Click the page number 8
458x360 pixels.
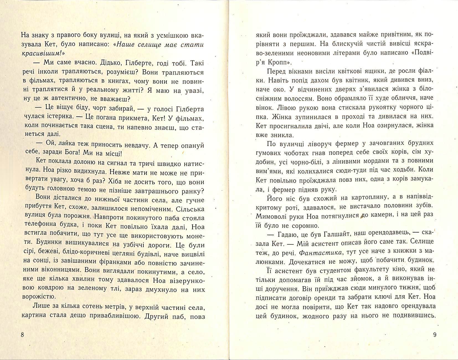[x=22, y=335]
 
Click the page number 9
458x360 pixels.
[x=434, y=335]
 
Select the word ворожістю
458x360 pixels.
[x=38, y=298]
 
